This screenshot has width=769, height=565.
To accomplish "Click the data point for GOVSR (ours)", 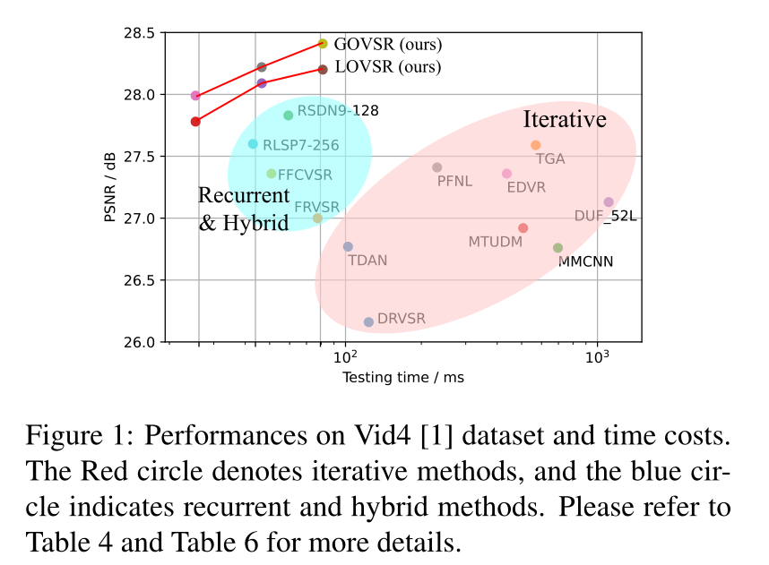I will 323,43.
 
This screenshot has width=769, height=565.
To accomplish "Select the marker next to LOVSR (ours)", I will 323,69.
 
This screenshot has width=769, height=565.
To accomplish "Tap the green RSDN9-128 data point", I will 289,116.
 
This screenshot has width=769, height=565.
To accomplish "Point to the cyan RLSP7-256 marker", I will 253,144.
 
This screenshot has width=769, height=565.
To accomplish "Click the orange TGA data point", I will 536,145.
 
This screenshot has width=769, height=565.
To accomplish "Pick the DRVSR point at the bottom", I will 368,322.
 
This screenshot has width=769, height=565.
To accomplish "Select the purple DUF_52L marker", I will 609,202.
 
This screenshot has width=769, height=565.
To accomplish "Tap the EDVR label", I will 526,188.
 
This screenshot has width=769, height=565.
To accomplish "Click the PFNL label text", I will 454,181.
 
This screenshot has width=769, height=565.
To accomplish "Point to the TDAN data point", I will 348,247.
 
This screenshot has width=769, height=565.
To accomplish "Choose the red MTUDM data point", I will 523,228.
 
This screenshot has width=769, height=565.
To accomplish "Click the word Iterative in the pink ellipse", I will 565,119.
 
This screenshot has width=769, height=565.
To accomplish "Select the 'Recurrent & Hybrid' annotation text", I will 243,209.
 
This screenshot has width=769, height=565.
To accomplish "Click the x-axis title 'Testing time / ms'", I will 403,378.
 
